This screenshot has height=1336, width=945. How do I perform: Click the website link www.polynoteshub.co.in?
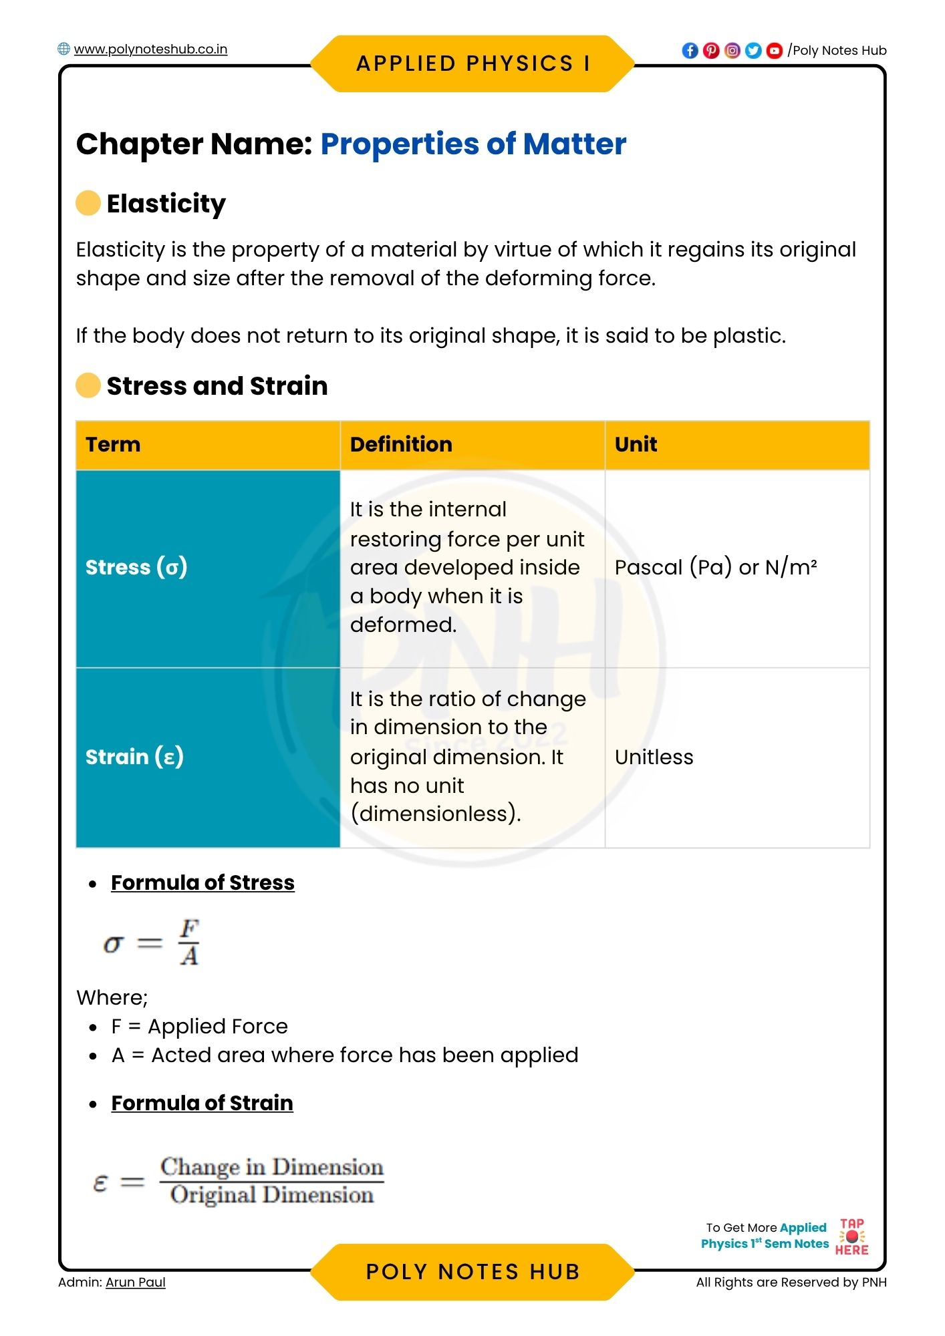(150, 49)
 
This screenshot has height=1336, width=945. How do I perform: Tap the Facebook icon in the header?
(690, 51)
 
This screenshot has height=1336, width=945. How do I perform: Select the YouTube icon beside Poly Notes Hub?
(774, 51)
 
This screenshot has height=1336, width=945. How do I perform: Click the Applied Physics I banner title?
(472, 63)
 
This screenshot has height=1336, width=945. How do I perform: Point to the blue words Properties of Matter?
(473, 144)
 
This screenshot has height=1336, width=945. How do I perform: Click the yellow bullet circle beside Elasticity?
(88, 203)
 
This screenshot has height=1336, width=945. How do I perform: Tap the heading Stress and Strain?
(217, 386)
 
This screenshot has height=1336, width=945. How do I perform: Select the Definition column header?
(401, 445)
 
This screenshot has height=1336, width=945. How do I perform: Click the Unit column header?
(636, 445)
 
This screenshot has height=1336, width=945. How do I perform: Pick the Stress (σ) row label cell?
(208, 568)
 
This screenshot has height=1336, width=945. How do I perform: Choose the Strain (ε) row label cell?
(208, 758)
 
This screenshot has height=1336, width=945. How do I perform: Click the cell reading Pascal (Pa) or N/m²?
(716, 568)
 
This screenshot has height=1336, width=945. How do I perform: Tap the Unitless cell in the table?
(654, 758)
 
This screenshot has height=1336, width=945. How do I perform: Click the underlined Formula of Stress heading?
(202, 883)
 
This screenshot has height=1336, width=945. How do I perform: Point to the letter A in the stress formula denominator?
(189, 957)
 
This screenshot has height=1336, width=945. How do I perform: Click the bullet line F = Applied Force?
(199, 1027)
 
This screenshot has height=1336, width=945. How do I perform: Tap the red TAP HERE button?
(852, 1237)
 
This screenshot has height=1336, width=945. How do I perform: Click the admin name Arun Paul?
(136, 1283)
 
